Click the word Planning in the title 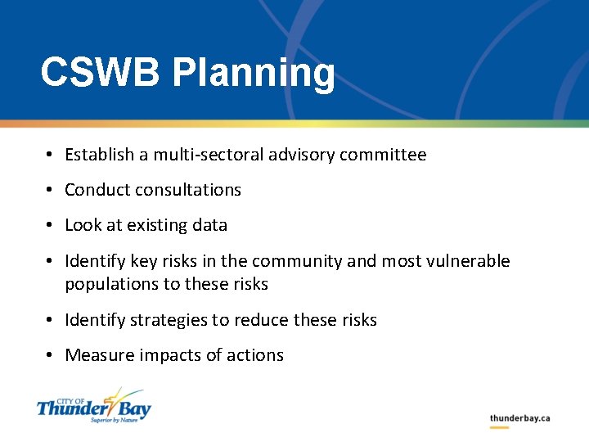pyautogui.click(x=253, y=74)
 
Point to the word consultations pyautogui.click(x=189, y=190)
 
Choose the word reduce pyautogui.click(x=261, y=320)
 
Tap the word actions pyautogui.click(x=254, y=355)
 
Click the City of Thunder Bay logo pyautogui.click(x=94, y=406)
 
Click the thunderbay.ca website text pyautogui.click(x=519, y=418)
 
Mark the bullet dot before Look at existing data pyautogui.click(x=50, y=226)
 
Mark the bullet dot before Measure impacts pyautogui.click(x=50, y=356)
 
